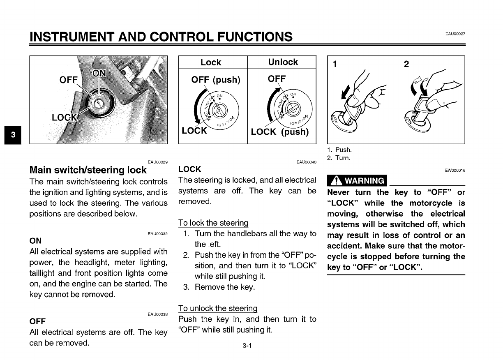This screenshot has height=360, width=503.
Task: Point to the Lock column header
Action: point(211,62)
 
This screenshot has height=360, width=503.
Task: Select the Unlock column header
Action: point(283,62)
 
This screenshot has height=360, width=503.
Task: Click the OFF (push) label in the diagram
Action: point(216,79)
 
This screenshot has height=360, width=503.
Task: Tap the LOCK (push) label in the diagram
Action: point(279,132)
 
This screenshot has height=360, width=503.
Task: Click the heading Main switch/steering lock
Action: point(88,170)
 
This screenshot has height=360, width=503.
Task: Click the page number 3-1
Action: point(247,346)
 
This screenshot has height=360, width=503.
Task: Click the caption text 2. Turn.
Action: point(339,158)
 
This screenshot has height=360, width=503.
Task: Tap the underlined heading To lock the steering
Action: point(213,223)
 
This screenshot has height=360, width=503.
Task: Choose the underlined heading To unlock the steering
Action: point(218,308)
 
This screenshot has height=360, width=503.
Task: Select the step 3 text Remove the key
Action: point(224,287)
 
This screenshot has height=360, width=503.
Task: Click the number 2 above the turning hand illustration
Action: point(406,64)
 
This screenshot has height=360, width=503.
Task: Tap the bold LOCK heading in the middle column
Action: point(190,169)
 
